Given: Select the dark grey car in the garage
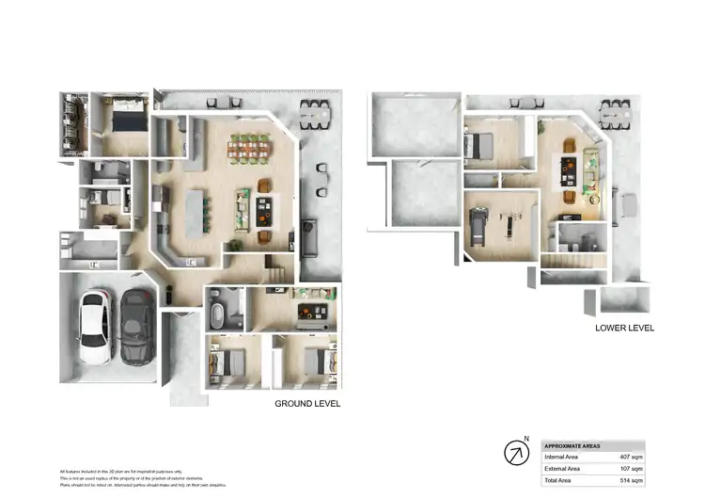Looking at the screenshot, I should pyautogui.click(x=135, y=326).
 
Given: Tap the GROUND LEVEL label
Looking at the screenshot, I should pyautogui.click(x=306, y=404).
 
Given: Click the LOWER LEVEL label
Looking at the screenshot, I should pyautogui.click(x=623, y=329).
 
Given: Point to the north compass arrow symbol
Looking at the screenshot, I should pyautogui.click(x=516, y=453).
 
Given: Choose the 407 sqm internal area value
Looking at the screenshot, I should pyautogui.click(x=631, y=457).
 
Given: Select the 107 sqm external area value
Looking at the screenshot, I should pyautogui.click(x=631, y=468).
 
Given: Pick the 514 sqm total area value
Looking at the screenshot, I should pyautogui.click(x=631, y=480).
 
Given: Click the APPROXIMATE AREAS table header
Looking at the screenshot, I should pyautogui.click(x=572, y=445).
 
